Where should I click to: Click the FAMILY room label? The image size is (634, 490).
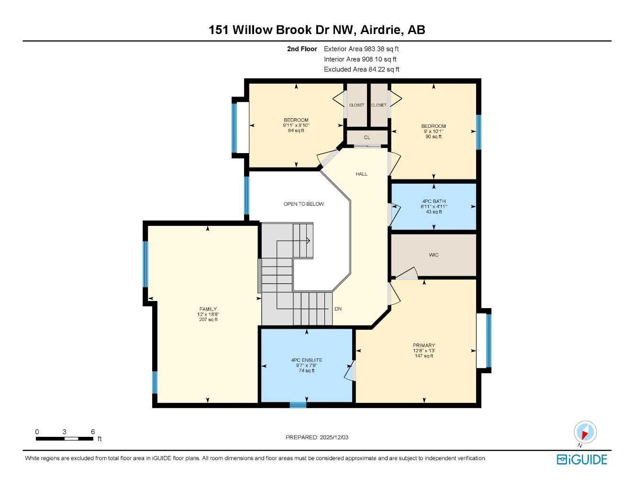[x=208, y=309]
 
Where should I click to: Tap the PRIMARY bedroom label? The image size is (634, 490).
[x=424, y=345]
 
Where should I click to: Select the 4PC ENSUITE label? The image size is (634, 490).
[x=307, y=360]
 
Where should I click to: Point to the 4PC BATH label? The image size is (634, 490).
[x=434, y=201]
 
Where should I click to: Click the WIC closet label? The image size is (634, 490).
[x=434, y=255]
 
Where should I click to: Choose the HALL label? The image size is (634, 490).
[x=362, y=174]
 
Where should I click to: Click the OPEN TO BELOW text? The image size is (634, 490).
[x=303, y=204]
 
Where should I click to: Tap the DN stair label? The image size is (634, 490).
[x=338, y=309]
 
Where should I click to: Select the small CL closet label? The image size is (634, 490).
[x=367, y=138]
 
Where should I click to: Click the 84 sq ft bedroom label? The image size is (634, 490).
[x=296, y=125]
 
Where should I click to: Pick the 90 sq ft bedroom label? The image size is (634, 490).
[x=434, y=131]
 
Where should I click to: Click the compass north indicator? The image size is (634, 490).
[x=585, y=432]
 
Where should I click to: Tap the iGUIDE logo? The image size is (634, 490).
[x=582, y=460]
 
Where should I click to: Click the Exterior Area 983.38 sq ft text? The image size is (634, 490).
[x=361, y=49]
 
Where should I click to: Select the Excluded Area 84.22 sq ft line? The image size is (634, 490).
[x=361, y=69]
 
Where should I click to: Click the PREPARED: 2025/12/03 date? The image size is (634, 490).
[x=317, y=437]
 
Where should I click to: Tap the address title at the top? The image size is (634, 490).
[x=317, y=30]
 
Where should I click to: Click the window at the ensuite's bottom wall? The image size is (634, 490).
[x=298, y=405]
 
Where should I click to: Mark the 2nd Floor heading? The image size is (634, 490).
[x=302, y=49]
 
